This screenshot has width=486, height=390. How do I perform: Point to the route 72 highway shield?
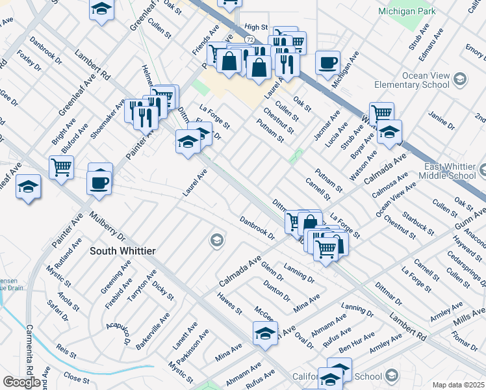click(250, 40)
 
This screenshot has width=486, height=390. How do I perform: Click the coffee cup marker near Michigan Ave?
click(327, 63)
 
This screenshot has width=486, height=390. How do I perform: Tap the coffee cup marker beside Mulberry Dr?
click(100, 182)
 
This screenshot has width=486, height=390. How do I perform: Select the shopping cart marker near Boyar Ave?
click(381, 113)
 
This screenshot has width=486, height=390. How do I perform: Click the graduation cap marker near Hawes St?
click(265, 333)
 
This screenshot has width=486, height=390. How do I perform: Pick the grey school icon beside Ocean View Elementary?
click(459, 79)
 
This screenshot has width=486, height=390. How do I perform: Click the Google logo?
click(21, 382)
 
